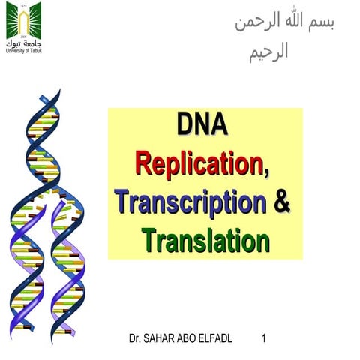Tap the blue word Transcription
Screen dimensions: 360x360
(x=190, y=202)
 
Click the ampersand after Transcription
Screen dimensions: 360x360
(x=282, y=201)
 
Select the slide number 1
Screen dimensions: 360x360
(x=264, y=339)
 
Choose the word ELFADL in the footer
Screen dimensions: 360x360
(x=217, y=339)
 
